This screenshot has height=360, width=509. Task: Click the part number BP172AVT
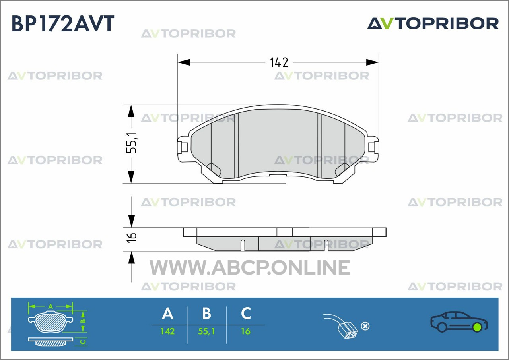click(x=63, y=23)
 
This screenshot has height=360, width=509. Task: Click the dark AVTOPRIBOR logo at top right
click(x=433, y=23)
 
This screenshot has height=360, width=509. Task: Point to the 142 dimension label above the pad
click(x=279, y=62)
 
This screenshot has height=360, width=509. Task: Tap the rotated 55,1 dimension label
click(x=132, y=143)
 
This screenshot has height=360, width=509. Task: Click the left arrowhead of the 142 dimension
click(x=184, y=62)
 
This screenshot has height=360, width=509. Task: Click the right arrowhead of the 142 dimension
click(x=373, y=62)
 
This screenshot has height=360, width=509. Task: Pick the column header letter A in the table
click(x=168, y=313)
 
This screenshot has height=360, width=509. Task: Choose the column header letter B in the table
click(x=206, y=313)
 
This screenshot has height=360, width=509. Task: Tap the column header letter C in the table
click(x=246, y=313)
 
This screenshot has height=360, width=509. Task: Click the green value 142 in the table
click(x=168, y=331)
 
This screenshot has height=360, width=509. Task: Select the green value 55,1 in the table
click(x=206, y=332)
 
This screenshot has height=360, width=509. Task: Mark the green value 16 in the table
click(x=246, y=331)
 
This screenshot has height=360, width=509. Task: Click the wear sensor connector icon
click(x=340, y=326)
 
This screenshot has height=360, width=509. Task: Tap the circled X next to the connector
click(x=365, y=326)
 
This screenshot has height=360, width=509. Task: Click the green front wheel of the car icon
click(x=477, y=327)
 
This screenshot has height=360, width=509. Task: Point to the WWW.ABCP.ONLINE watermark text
click(x=250, y=267)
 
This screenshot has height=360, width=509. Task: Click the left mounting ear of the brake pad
click(x=183, y=147)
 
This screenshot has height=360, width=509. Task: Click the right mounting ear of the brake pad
click(x=373, y=147)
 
